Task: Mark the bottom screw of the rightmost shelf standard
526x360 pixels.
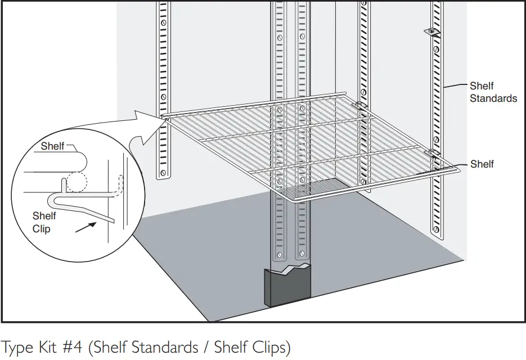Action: pyautogui.click(x=435, y=229)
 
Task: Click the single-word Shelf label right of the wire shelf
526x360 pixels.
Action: pyautogui.click(x=482, y=164)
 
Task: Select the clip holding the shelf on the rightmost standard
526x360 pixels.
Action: pyautogui.click(x=433, y=152)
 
